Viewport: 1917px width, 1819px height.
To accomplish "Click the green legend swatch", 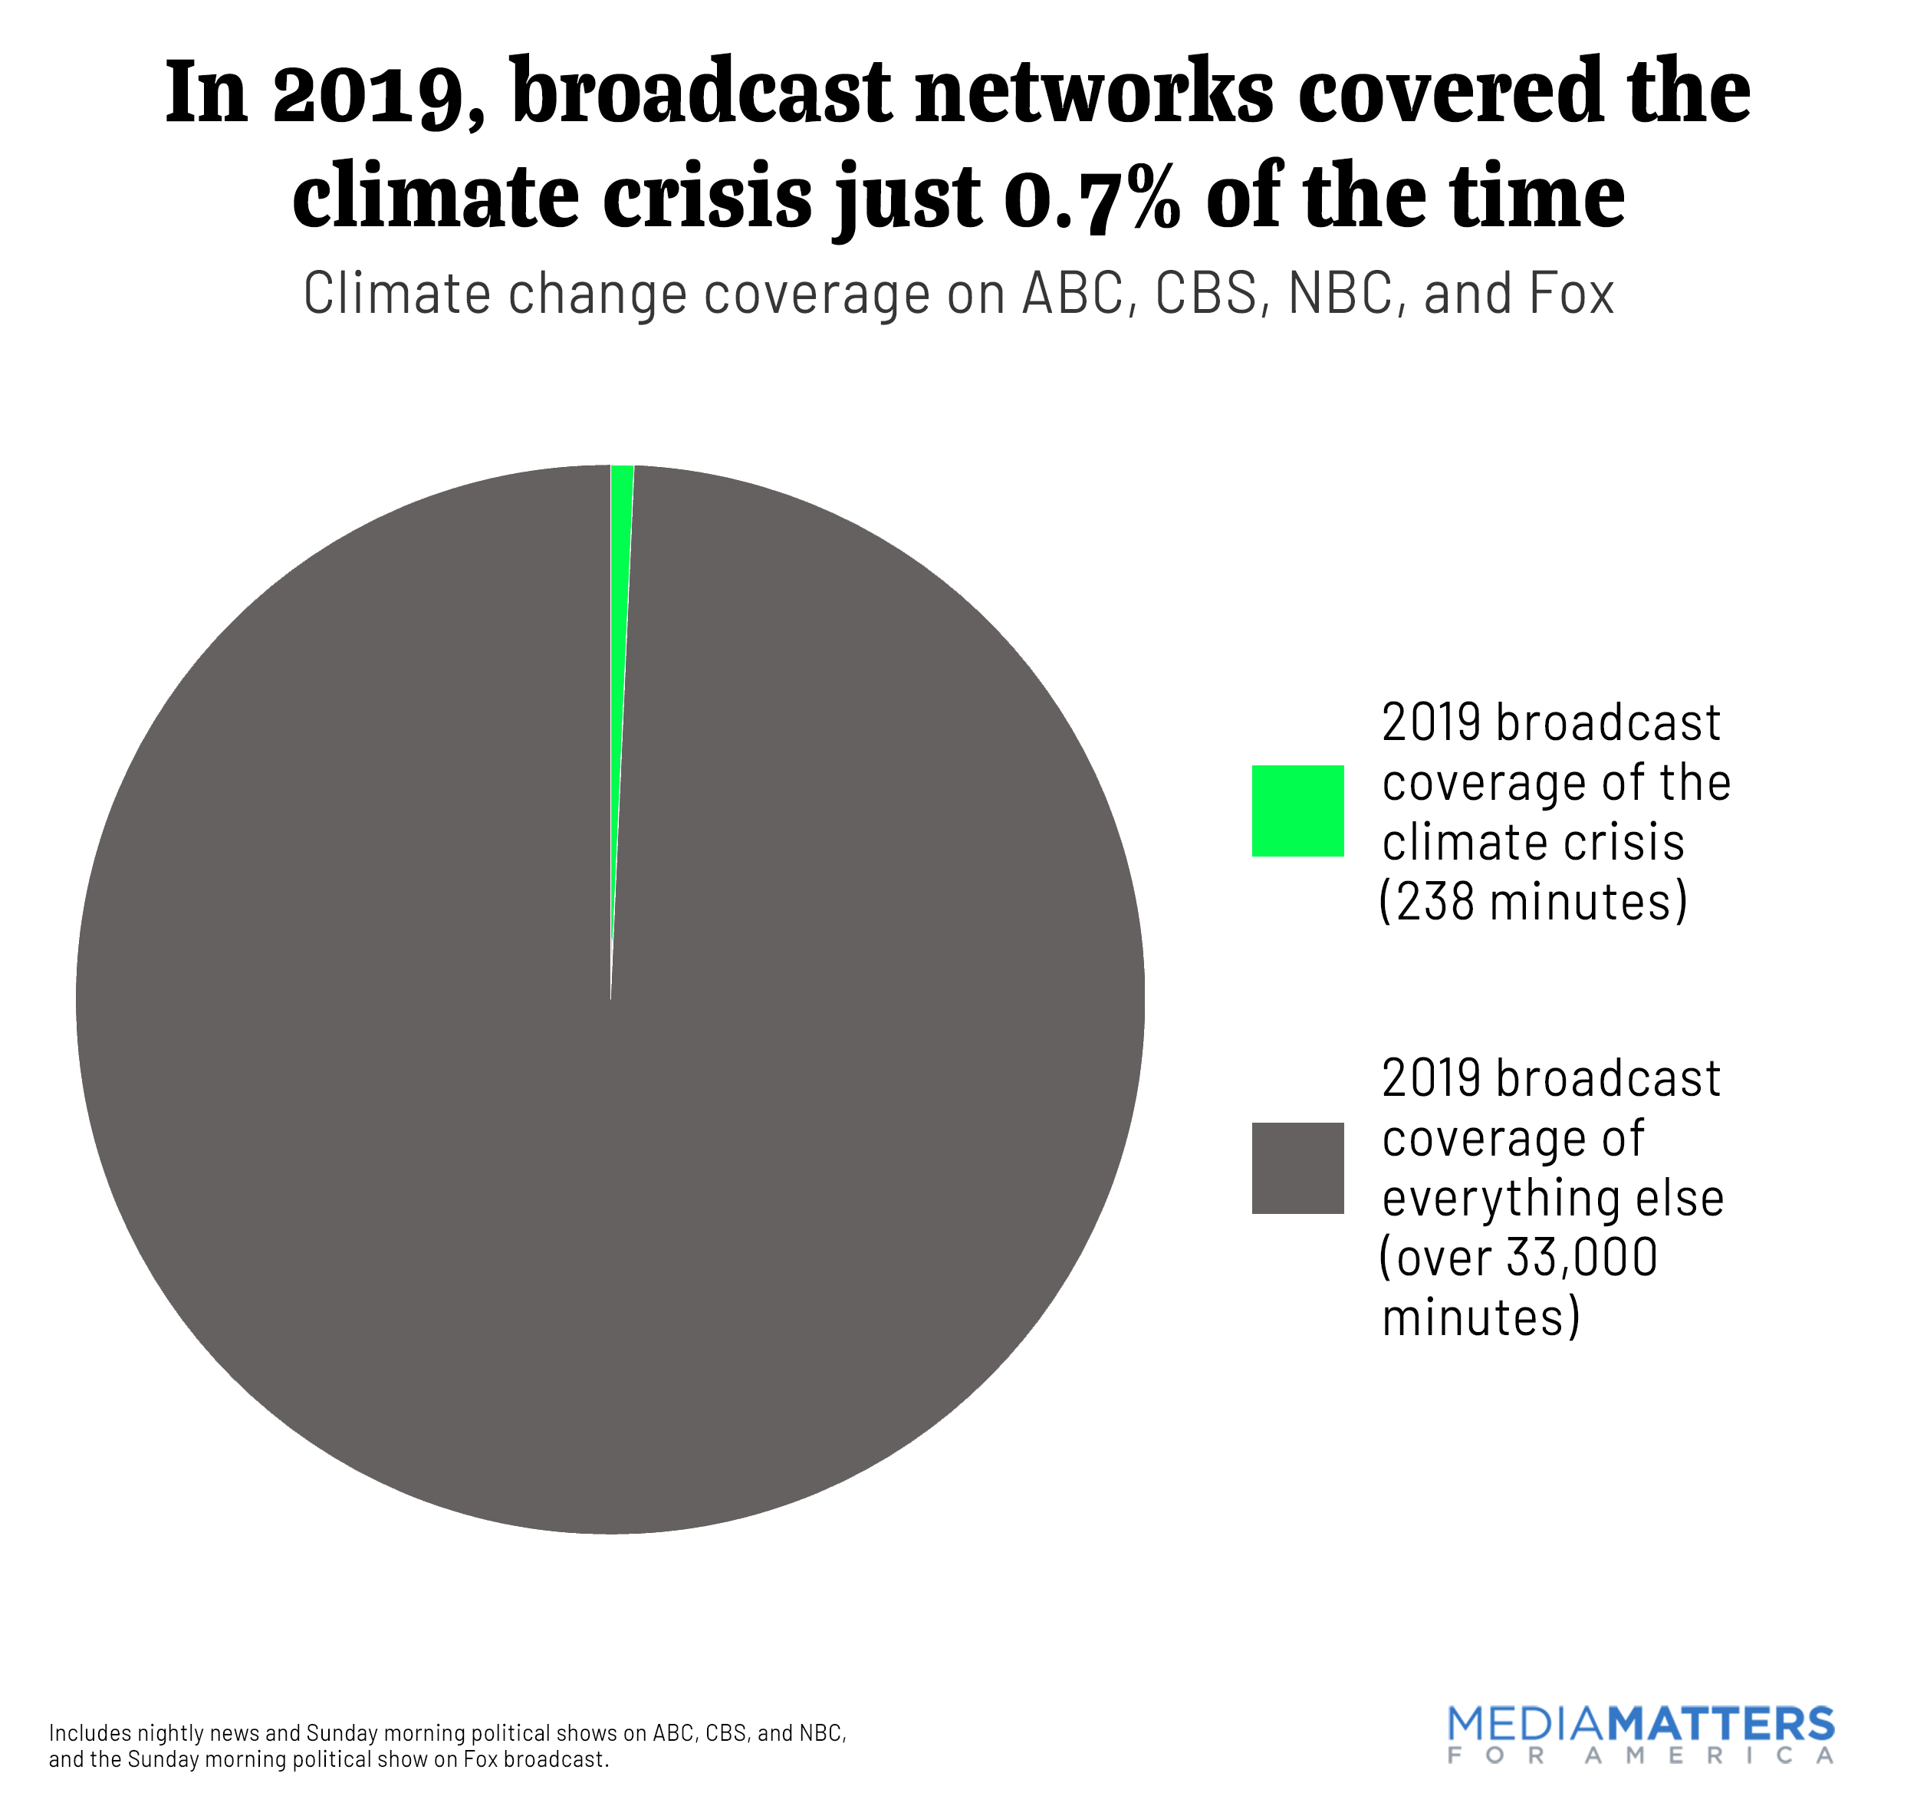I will click(x=1297, y=811).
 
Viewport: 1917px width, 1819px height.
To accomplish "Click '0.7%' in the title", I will click(x=1092, y=197).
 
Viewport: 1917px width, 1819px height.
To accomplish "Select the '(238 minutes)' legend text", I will click(x=1533, y=902).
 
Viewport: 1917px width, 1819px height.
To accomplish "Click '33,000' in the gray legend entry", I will click(x=1583, y=1258).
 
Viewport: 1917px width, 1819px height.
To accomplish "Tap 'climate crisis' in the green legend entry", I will click(x=1533, y=841).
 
